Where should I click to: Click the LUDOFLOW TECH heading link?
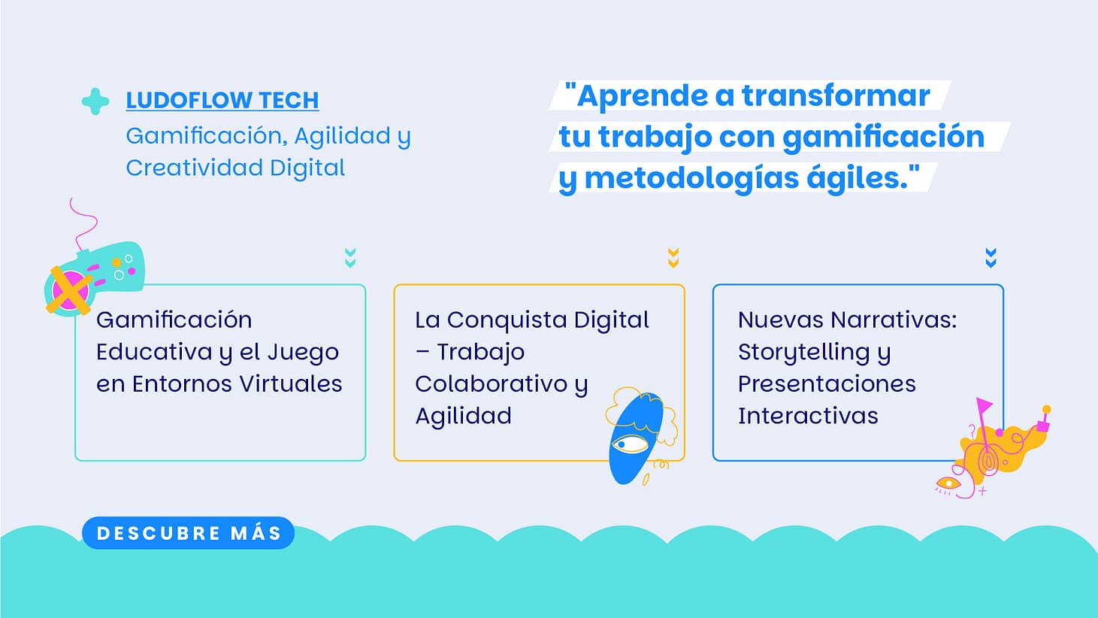point(222,101)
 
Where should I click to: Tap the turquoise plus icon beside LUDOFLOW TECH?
point(95,101)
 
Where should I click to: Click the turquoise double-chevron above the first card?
point(350,257)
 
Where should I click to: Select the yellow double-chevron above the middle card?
point(673,257)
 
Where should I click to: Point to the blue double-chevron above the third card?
point(991,257)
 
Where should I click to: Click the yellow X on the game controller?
point(69,290)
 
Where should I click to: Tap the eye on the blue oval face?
point(631,444)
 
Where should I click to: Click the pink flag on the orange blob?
point(984,406)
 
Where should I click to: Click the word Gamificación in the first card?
point(174,320)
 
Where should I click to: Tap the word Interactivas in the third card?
point(808,416)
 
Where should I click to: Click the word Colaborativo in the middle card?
point(492,383)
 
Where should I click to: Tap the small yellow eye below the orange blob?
point(948,484)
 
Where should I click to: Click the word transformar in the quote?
point(836,95)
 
